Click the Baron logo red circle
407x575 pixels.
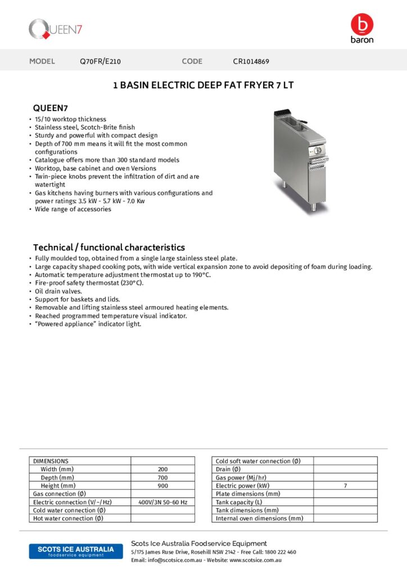click(x=361, y=24)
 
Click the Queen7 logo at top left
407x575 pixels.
click(x=56, y=29)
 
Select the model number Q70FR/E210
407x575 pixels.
click(x=101, y=61)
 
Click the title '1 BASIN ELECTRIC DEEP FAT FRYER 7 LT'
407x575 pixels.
click(x=203, y=85)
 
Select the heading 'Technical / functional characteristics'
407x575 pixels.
click(x=108, y=247)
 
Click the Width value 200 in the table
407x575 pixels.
click(x=162, y=469)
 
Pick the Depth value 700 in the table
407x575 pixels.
click(x=162, y=477)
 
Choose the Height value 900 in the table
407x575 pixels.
click(x=162, y=486)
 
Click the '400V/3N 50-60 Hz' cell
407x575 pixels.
click(x=162, y=502)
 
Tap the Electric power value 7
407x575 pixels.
click(x=345, y=486)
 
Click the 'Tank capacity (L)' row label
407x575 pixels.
click(x=239, y=502)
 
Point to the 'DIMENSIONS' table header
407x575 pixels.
click(x=51, y=461)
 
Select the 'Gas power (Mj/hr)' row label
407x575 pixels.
click(x=241, y=477)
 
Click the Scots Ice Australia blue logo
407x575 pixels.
click(x=72, y=551)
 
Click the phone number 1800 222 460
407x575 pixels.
click(x=279, y=552)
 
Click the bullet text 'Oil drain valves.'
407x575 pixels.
click(x=58, y=291)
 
